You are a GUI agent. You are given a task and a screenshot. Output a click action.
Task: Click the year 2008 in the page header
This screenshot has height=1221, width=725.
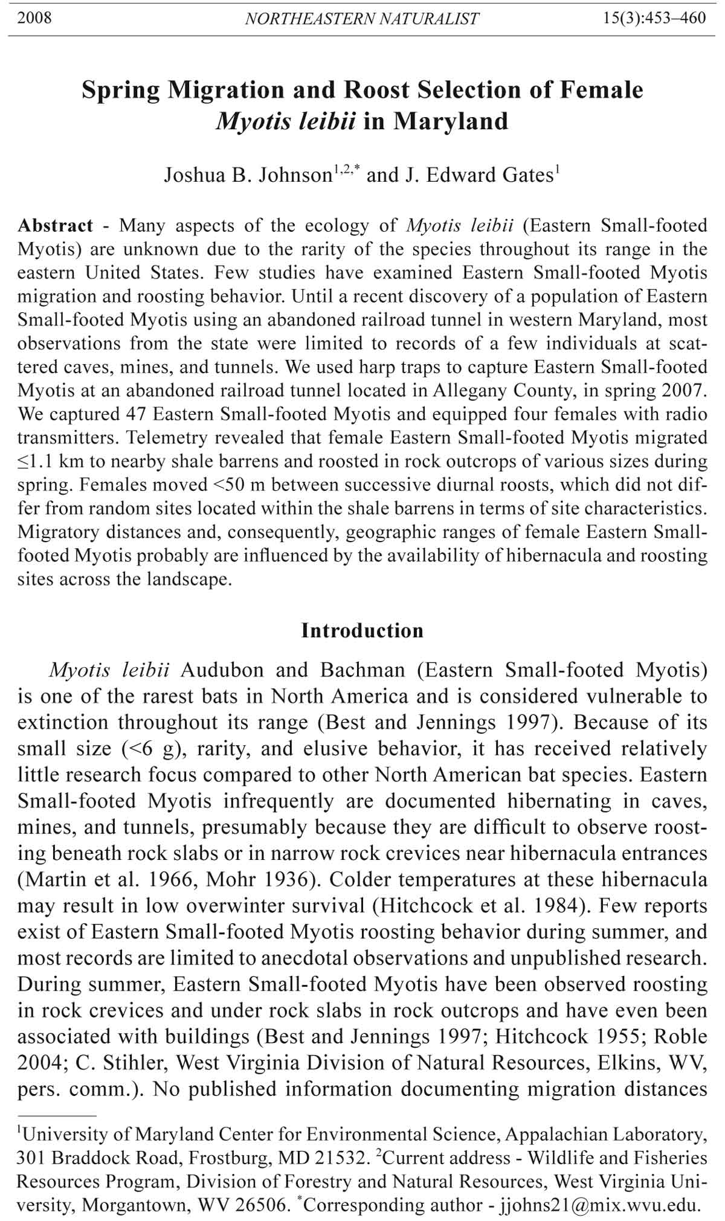pyautogui.click(x=34, y=18)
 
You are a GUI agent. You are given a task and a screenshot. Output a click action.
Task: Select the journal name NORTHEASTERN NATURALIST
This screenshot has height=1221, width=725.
pyautogui.click(x=362, y=19)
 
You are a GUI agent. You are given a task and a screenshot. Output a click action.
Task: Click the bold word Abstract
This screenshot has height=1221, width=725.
pyautogui.click(x=56, y=226)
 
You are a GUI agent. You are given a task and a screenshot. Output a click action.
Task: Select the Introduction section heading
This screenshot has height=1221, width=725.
pyautogui.click(x=362, y=630)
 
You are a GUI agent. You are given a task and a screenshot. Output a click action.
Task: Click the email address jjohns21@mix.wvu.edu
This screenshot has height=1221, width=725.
pyautogui.click(x=598, y=1205)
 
